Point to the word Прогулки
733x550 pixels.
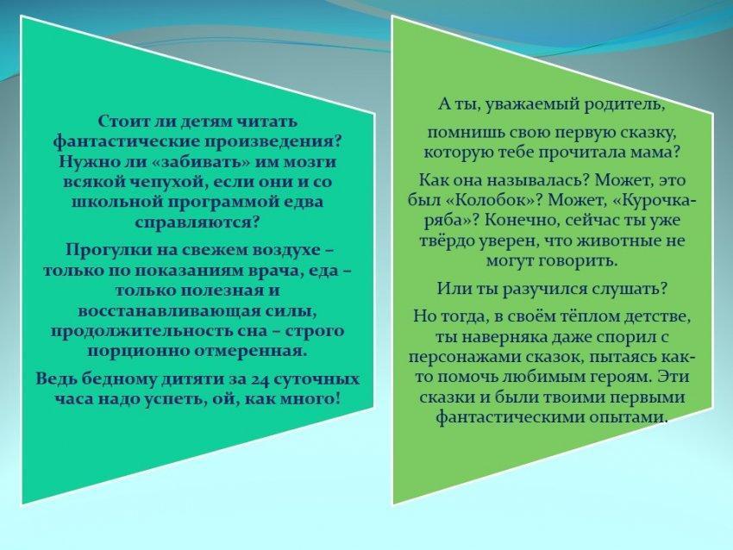(98, 250)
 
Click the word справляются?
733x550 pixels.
(197, 222)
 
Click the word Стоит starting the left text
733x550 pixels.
(119, 121)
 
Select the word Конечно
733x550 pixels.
(521, 220)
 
